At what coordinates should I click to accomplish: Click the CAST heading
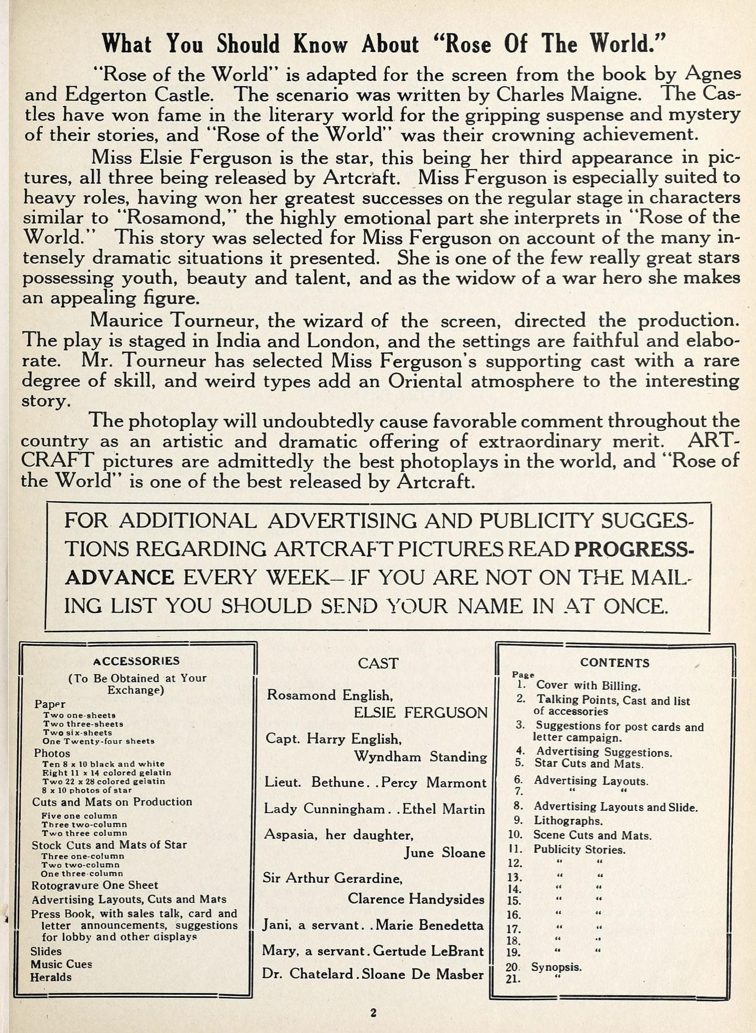pos(378,663)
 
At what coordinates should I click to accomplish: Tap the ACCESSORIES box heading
pos(136,661)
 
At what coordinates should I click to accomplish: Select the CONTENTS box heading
pos(614,663)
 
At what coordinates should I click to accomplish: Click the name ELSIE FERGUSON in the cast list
pos(421,713)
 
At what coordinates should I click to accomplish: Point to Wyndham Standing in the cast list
pos(420,757)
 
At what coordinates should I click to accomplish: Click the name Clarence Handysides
pos(416,899)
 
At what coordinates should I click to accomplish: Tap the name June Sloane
pos(445,853)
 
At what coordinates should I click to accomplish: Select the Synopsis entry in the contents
pos(556,967)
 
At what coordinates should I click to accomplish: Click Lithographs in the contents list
pos(568,820)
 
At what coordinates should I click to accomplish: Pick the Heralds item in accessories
pos(51,977)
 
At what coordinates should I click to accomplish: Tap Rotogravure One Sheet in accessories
pos(94,885)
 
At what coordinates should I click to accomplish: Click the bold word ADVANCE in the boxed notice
pos(120,578)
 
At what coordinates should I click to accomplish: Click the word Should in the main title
pos(248,45)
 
